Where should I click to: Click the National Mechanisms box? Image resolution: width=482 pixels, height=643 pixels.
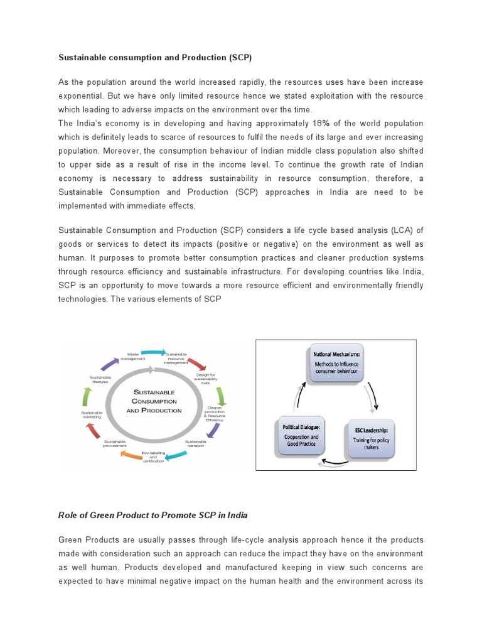tap(338, 363)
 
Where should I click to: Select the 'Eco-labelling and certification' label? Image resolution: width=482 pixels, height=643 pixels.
tap(153, 457)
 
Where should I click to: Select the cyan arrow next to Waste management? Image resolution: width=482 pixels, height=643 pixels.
tap(154, 353)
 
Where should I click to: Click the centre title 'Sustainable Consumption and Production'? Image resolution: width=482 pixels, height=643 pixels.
tap(154, 401)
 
